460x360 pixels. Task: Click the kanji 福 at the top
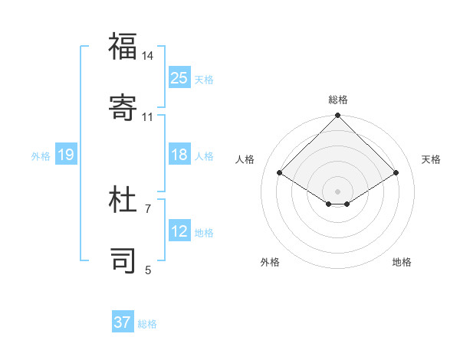[123, 47]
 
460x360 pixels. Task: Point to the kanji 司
[123, 260]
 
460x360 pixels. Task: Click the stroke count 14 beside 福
[148, 56]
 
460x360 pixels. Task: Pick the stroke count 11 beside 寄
[148, 116]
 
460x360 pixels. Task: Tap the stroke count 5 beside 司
[148, 269]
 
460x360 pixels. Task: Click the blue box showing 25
[179, 77]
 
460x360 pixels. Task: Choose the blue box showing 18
[179, 155]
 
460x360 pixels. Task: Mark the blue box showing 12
[179, 231]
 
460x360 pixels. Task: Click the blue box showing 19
[66, 155]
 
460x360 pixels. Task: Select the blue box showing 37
[123, 322]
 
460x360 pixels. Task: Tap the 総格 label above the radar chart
[338, 100]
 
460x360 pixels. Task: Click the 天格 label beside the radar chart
[431, 159]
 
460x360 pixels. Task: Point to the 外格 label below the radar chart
[270, 262]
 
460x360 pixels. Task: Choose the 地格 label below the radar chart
[402, 262]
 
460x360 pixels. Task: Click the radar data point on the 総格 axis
[337, 116]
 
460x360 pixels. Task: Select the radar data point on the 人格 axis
[280, 172]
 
